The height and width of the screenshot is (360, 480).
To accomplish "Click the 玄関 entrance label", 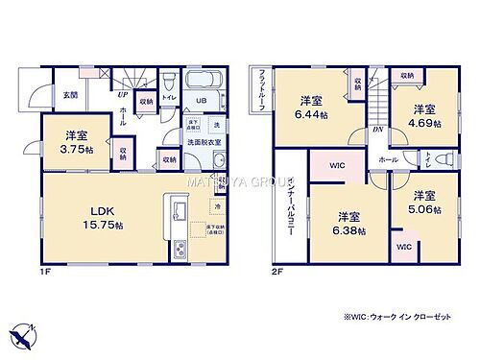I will coord(71,95).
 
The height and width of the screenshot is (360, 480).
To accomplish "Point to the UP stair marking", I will coord(123,95).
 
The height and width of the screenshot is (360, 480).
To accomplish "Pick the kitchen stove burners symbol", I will coord(180,248).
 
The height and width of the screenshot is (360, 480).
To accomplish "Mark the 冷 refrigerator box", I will coord(218,204).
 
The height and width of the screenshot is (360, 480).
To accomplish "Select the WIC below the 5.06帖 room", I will coord(402,247).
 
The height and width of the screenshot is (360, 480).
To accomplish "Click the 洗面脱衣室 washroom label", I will coord(204,142).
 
